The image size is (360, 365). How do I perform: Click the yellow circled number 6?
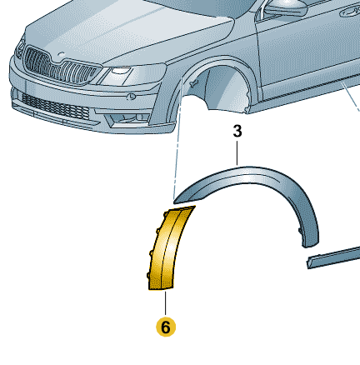pyautogui.click(x=166, y=327)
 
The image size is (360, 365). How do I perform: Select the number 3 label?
pyautogui.click(x=237, y=132)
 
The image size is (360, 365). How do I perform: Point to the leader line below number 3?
pyautogui.click(x=237, y=153)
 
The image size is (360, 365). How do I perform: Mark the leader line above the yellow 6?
pyautogui.click(x=166, y=304)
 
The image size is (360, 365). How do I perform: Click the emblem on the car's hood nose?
pyautogui.click(x=61, y=54)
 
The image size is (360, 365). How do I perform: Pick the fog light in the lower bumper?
pyautogui.click(x=127, y=119)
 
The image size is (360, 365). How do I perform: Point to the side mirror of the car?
pyautogui.click(x=285, y=7)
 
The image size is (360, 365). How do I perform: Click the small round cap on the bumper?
pyautogui.click(x=131, y=97)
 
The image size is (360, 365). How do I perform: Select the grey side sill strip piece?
pyautogui.click(x=333, y=257)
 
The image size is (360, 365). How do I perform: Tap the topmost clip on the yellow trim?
pyautogui.click(x=165, y=214)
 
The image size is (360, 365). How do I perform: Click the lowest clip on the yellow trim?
pyautogui.click(x=148, y=276)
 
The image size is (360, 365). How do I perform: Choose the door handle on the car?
pyautogui.click(x=351, y=11)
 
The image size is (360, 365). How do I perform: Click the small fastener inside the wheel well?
pyautogui.click(x=192, y=83)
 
